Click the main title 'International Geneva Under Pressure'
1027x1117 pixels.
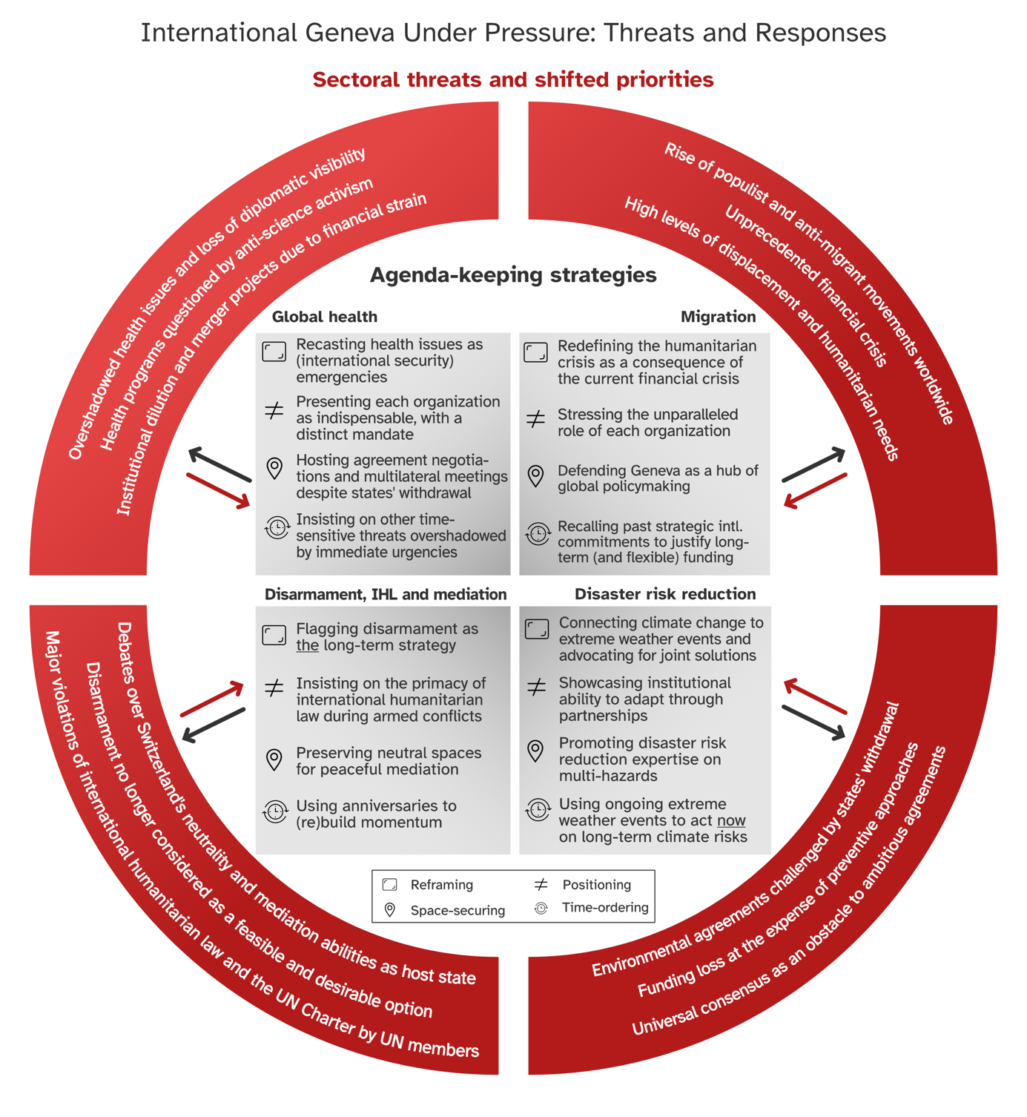(x=513, y=33)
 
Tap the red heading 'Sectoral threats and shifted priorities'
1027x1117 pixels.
(x=513, y=80)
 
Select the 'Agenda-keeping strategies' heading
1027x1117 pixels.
(x=513, y=275)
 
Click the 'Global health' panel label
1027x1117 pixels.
(x=324, y=317)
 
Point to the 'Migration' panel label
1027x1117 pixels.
(x=718, y=317)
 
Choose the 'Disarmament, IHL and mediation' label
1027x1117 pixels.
(x=386, y=594)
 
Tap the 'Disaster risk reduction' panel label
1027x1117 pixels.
(x=665, y=594)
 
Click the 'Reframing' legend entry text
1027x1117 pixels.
(x=441, y=885)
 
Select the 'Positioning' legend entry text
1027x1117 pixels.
(x=596, y=885)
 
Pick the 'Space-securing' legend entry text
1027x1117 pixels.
(x=458, y=910)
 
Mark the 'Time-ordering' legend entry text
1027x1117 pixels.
(x=605, y=908)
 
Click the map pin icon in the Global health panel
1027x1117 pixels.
(x=274, y=469)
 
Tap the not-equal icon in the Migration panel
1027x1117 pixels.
(x=535, y=420)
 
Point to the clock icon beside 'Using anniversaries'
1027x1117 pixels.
(x=275, y=811)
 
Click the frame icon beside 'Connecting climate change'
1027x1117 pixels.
(x=537, y=629)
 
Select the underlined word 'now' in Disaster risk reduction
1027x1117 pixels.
(x=731, y=820)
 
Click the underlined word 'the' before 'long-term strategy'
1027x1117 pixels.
(x=307, y=645)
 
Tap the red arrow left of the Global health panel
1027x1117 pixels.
(x=219, y=491)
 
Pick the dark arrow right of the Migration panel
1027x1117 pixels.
(x=813, y=464)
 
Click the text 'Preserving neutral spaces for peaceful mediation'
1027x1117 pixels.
(x=389, y=761)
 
